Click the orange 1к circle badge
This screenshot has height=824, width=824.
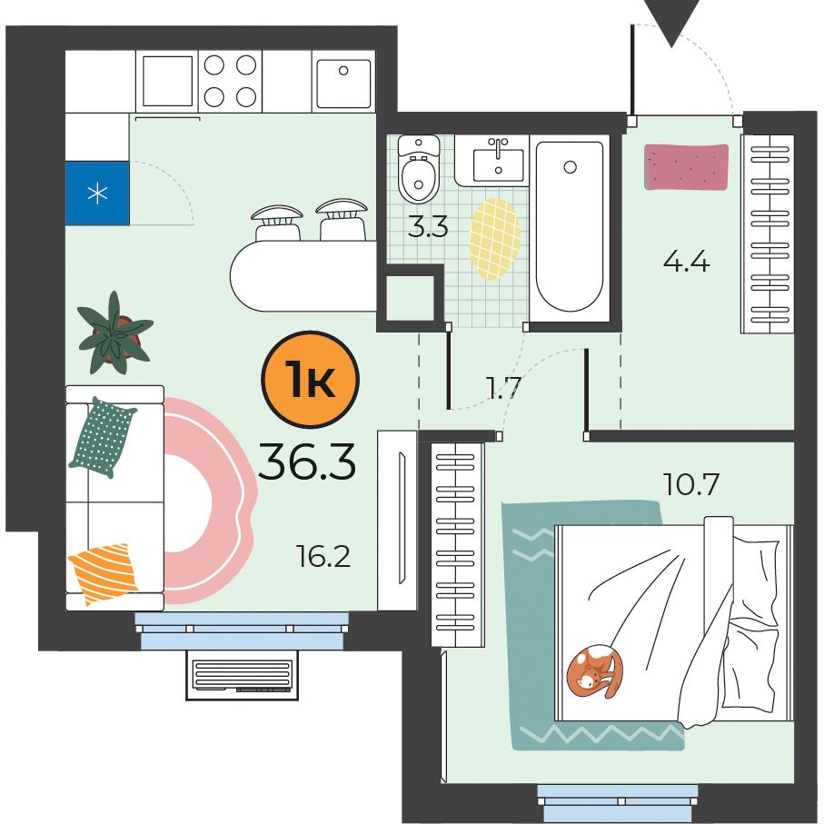pos(310,379)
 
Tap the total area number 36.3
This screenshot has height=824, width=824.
pos(307,462)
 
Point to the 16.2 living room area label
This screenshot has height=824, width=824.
pos(323,556)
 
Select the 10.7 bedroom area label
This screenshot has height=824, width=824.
pos(690,484)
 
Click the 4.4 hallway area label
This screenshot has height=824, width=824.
pos(686,261)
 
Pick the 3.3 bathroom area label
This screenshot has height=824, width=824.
pos(428,226)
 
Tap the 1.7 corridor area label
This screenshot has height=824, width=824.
pos(503,388)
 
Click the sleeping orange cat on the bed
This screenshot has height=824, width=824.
pos(595,671)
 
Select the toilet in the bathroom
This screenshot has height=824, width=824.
pos(419,169)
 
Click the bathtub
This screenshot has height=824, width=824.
pos(569,226)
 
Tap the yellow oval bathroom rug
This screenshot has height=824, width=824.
pos(495,239)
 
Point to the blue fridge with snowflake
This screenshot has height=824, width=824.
pos(97,193)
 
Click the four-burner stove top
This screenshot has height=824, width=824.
pos(230,81)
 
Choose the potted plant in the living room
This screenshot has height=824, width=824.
pos(114,333)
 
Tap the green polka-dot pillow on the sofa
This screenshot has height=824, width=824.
pos(102,437)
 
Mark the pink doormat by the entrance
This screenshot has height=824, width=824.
pos(686,167)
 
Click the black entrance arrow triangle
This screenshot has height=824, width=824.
pos(671,21)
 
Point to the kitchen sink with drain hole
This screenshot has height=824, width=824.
pos(343,82)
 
